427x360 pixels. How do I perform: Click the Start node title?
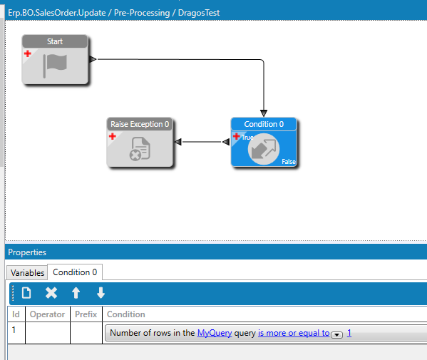pos(55,41)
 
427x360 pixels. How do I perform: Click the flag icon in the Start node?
pos(55,66)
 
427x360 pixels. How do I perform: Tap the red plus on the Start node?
pos(28,53)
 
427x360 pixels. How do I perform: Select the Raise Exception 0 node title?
pos(140,124)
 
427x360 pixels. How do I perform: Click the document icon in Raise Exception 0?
pos(140,149)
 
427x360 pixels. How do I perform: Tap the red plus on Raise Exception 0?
pos(113,136)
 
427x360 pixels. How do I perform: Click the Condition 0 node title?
pos(264,124)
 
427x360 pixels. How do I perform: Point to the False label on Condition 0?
pos(289,162)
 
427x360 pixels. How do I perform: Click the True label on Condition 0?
pos(247,138)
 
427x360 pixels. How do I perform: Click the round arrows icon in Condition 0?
pos(264,149)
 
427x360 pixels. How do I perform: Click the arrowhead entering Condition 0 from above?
pos(264,113)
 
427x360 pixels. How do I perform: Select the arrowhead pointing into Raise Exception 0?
pos(178,142)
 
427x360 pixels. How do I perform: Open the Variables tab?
pos(27,272)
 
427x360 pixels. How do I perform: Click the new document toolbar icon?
pos(26,293)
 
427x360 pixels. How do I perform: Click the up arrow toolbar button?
pos(76,293)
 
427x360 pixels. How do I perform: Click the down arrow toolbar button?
pos(101,293)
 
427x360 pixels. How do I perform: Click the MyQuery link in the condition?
pos(215,333)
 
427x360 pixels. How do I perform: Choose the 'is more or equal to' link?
pos(294,333)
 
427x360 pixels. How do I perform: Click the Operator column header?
pos(47,314)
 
